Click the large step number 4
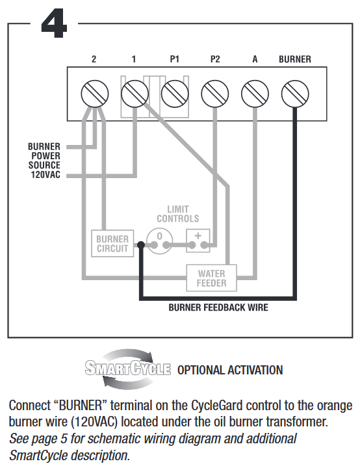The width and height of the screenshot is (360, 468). pyautogui.click(x=54, y=23)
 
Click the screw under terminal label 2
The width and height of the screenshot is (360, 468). pyautogui.click(x=94, y=94)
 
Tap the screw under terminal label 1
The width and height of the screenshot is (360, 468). pyautogui.click(x=135, y=94)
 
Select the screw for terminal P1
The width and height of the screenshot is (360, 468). pyautogui.click(x=175, y=94)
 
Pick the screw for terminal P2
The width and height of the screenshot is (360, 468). pyautogui.click(x=215, y=94)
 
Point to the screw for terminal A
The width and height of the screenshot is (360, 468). pyautogui.click(x=255, y=94)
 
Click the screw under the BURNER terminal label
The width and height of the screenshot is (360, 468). pyautogui.click(x=295, y=94)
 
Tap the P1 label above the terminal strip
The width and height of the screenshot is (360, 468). pyautogui.click(x=175, y=59)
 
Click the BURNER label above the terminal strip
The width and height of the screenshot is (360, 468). pyautogui.click(x=295, y=59)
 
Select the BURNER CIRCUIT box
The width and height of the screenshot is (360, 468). pyautogui.click(x=112, y=244)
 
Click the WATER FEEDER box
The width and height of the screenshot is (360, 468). pyautogui.click(x=211, y=278)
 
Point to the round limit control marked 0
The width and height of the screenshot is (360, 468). pyautogui.click(x=160, y=241)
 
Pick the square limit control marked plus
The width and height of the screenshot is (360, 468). pyautogui.click(x=198, y=240)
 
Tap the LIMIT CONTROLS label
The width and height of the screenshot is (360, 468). pyautogui.click(x=178, y=214)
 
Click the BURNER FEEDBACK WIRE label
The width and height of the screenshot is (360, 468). pyautogui.click(x=218, y=307)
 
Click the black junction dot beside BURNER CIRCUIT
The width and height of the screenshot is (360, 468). pyautogui.click(x=141, y=245)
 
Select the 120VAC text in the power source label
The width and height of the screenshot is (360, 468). pyautogui.click(x=45, y=174)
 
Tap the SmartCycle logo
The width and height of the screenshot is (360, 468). pyautogui.click(x=128, y=369)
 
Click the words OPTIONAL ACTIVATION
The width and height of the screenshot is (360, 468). pyautogui.click(x=230, y=370)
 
